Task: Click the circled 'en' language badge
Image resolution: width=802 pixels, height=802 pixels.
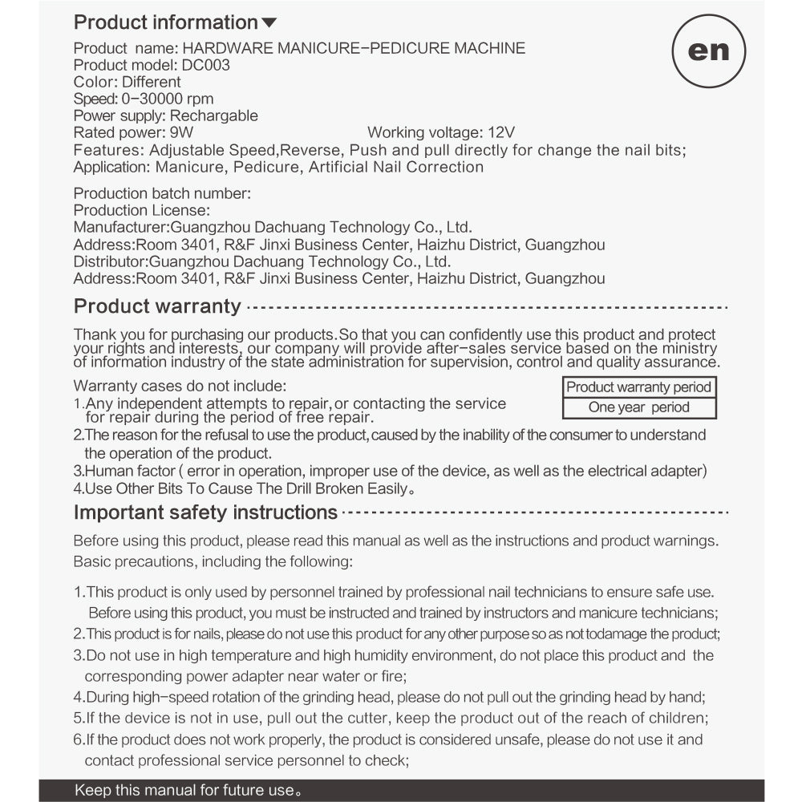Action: click(x=709, y=50)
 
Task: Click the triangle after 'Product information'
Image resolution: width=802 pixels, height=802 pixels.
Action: click(x=269, y=23)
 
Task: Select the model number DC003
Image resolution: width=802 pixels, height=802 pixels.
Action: click(x=207, y=65)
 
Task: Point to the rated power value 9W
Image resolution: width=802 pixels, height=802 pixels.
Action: click(x=182, y=132)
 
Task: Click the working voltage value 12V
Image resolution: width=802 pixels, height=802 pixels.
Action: click(x=500, y=132)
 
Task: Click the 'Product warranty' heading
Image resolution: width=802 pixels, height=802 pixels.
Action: click(x=157, y=306)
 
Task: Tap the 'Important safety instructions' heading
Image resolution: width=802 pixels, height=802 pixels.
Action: click(x=205, y=512)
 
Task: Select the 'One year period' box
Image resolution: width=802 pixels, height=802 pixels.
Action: click(x=638, y=407)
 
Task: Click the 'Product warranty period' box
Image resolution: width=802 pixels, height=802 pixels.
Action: click(x=638, y=387)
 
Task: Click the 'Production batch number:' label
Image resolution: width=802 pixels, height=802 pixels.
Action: click(x=162, y=193)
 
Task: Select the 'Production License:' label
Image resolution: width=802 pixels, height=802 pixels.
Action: click(x=142, y=210)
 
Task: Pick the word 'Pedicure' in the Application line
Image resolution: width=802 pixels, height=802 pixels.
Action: click(x=269, y=167)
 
